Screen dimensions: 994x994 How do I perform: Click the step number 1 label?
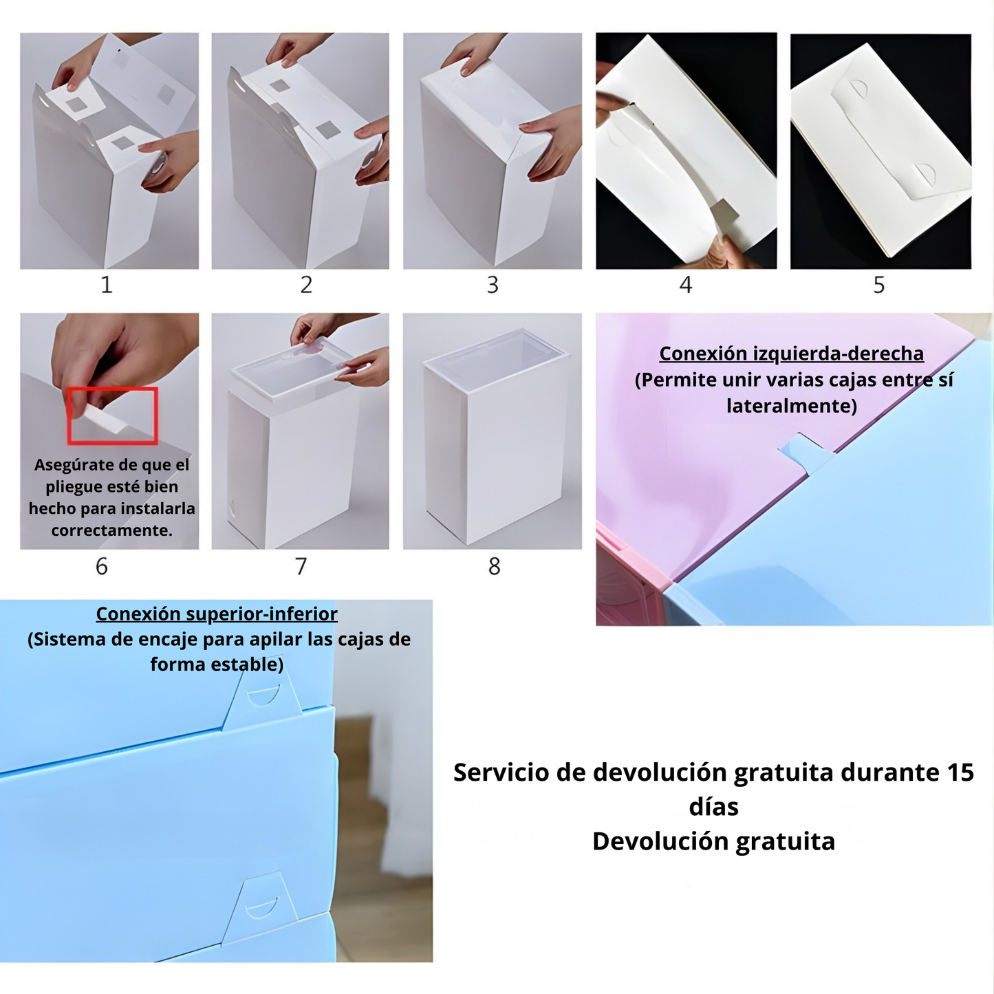(106, 285)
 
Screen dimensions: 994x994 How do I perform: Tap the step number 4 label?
(686, 285)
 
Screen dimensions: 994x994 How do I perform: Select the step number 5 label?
(879, 285)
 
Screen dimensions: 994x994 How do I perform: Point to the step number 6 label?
(102, 566)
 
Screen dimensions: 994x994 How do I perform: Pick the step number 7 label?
(301, 566)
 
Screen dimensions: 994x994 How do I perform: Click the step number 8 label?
(494, 566)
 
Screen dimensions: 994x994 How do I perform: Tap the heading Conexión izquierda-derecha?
(791, 354)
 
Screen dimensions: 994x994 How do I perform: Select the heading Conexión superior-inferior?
(217, 614)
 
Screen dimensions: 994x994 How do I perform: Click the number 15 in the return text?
(960, 772)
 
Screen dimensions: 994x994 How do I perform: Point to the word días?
(713, 807)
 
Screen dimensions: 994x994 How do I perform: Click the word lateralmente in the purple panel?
(791, 406)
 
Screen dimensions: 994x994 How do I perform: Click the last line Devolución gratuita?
(713, 841)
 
